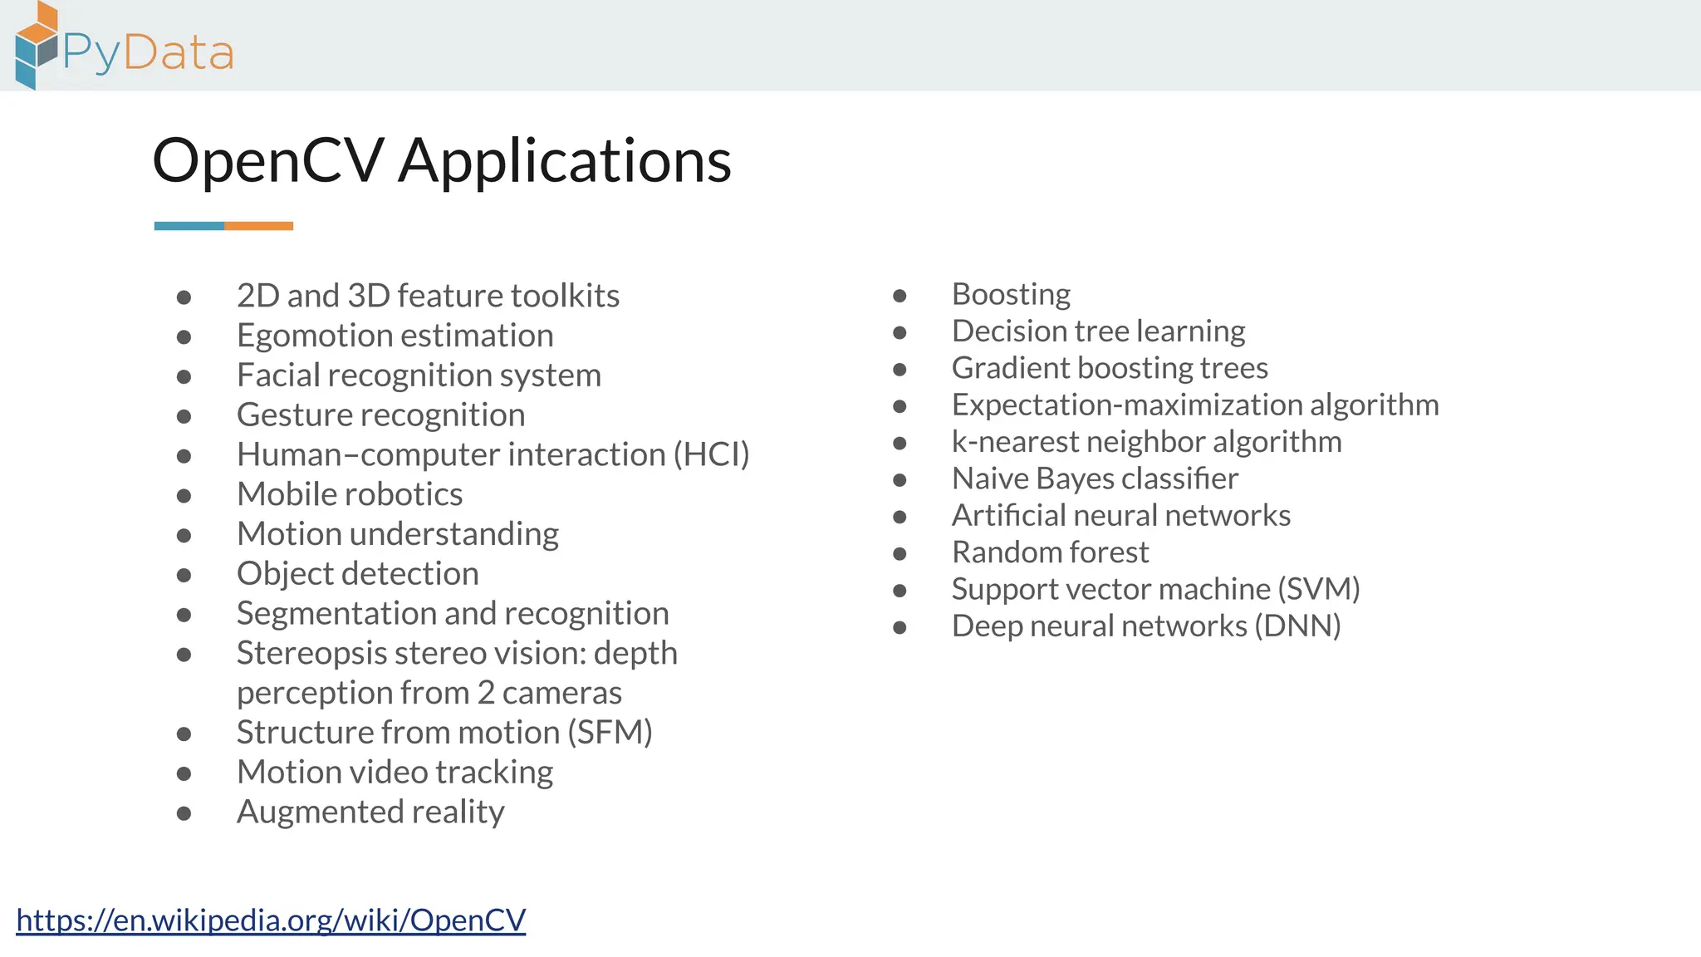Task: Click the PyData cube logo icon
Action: point(37,47)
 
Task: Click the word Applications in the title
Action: point(565,161)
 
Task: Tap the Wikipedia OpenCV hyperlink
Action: point(271,920)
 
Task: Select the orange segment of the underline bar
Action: point(258,226)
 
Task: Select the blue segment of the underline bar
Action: point(189,226)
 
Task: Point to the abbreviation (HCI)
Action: point(711,455)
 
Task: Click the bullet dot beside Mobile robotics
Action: point(184,496)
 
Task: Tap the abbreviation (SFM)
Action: point(610,733)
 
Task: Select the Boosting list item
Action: point(1011,295)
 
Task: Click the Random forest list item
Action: point(1050,552)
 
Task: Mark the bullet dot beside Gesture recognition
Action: point(184,416)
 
